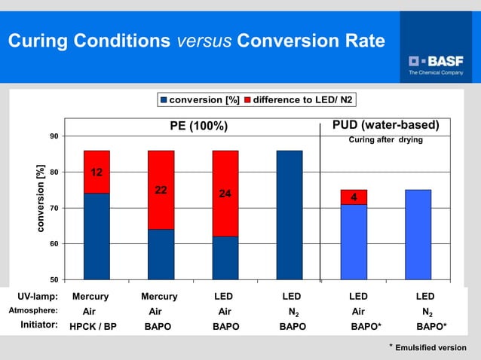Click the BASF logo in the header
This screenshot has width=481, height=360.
coord(436,60)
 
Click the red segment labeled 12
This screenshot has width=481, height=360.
coord(97,172)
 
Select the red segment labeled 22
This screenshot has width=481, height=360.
coord(161,190)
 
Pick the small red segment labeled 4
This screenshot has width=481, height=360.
coord(354,197)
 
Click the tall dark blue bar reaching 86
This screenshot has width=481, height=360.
coord(290,215)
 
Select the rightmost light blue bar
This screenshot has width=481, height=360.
coord(418,234)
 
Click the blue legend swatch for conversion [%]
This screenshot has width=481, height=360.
coord(163,100)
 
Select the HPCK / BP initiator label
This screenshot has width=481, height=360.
coord(92,327)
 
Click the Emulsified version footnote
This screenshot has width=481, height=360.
coord(430,347)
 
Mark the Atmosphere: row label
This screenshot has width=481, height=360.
coord(33,310)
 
